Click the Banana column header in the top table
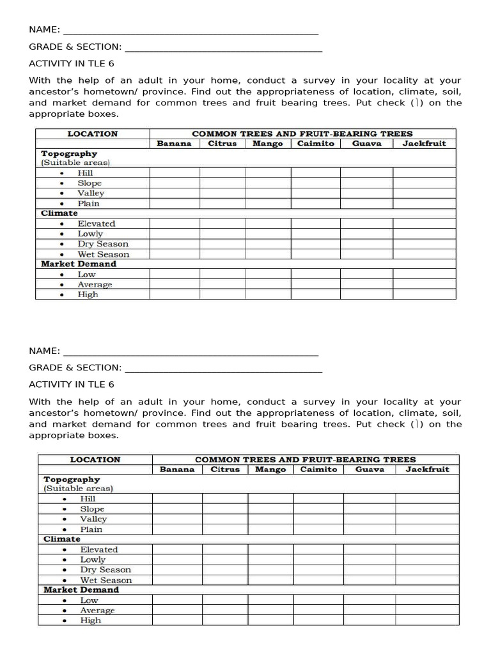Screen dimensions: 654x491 174,144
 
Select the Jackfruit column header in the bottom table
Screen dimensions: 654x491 427,469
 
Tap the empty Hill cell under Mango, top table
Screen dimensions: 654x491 268,173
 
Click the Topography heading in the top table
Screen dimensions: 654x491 69,154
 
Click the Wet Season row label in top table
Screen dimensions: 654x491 103,254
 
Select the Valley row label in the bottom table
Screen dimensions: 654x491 93,519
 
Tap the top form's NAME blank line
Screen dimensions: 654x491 191,30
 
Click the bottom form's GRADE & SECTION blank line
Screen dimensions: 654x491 223,368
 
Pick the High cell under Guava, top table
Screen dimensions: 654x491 366,294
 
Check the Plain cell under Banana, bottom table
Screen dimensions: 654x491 177,529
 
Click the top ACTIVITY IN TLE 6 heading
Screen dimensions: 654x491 72,64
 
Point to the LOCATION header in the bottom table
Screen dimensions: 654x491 95,460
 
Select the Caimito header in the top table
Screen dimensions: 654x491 315,144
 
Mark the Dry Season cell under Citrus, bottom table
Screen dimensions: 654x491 225,570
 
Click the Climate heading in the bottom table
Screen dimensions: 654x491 62,539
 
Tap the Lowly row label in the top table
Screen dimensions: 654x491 90,234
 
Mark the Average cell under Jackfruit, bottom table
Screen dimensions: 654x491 426,611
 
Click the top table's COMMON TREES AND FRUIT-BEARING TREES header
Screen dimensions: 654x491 302,134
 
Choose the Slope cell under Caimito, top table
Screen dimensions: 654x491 315,183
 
